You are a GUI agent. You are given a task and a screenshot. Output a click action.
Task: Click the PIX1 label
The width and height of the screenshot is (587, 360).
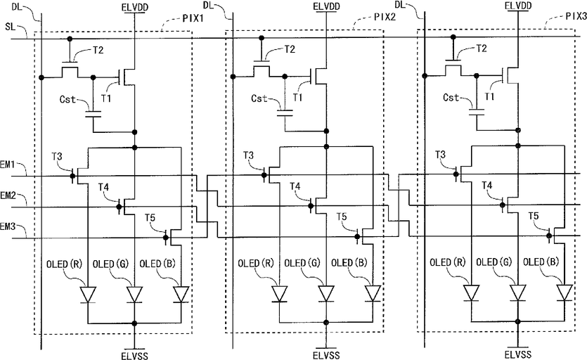(193, 18)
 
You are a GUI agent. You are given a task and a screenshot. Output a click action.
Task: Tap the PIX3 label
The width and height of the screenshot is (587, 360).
(576, 16)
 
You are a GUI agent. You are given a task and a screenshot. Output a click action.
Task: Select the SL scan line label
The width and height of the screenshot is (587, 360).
(11, 27)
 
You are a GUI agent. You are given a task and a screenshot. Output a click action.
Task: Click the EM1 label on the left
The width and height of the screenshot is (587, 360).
(7, 165)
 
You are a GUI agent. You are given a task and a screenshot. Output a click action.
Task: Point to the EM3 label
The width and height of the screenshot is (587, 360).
(8, 226)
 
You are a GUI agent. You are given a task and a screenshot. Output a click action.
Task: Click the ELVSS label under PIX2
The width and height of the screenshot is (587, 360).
(326, 355)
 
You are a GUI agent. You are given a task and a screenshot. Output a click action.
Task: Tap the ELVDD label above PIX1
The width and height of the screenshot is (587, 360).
(135, 7)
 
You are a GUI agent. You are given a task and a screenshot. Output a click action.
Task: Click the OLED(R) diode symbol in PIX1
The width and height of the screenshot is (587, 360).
(89, 295)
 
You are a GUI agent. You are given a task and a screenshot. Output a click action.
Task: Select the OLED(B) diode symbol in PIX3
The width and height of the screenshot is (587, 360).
(565, 292)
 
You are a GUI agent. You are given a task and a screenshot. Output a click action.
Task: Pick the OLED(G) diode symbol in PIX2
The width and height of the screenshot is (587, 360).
(326, 293)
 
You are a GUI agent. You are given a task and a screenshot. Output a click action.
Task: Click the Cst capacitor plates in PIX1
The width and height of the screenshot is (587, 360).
(93, 114)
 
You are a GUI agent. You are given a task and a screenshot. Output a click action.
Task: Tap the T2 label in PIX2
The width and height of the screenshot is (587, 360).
(290, 49)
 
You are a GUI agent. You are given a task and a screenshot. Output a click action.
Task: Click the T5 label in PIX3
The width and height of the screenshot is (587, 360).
(534, 216)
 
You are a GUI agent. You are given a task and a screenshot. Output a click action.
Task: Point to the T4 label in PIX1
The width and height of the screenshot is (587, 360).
(104, 186)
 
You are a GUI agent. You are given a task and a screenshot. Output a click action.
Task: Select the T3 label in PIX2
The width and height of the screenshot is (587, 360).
(248, 155)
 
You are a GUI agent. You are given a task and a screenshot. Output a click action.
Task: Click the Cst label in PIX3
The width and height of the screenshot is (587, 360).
(451, 98)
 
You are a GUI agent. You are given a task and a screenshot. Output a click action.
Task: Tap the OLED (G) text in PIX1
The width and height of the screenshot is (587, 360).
(110, 264)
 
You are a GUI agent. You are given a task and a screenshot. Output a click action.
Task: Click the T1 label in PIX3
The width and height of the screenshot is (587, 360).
(490, 96)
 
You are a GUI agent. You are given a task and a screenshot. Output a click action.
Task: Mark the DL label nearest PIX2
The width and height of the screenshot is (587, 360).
(209, 5)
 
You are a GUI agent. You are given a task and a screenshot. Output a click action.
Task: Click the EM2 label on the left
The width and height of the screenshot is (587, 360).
(8, 195)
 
